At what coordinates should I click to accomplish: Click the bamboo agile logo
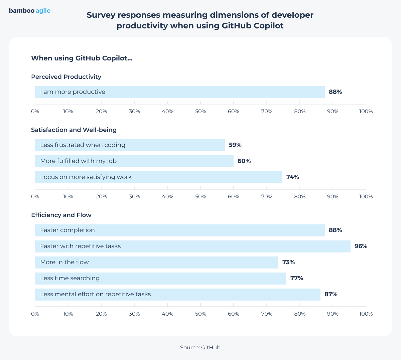click(30, 11)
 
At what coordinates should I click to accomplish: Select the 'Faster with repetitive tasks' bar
click(192, 246)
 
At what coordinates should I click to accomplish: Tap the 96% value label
click(361, 246)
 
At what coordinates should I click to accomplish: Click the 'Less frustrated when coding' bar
click(130, 145)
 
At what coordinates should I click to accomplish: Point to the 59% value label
click(235, 145)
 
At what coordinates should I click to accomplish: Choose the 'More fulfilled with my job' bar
click(134, 161)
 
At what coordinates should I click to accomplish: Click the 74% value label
click(292, 177)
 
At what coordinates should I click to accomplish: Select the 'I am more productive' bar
click(180, 92)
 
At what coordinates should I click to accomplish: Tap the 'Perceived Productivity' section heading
click(66, 77)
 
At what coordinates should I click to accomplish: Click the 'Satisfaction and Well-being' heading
click(74, 130)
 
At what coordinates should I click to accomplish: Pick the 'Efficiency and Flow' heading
click(61, 215)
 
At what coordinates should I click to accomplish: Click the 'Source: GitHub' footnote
click(200, 348)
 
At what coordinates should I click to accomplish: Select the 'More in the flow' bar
click(156, 262)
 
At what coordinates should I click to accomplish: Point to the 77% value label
click(296, 279)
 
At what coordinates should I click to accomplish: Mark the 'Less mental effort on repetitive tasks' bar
click(177, 295)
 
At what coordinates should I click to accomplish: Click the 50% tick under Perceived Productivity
click(200, 112)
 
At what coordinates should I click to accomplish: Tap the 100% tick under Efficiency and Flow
click(366, 314)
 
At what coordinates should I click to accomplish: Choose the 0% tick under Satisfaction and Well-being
click(35, 197)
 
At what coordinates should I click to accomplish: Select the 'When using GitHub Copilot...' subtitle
click(82, 58)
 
